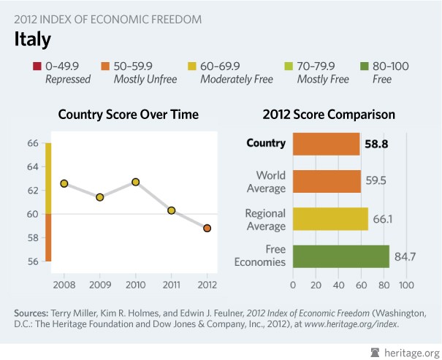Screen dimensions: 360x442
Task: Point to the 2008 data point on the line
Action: point(64,183)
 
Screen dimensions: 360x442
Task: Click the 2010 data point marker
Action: point(136,182)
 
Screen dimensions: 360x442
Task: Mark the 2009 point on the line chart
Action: point(100,197)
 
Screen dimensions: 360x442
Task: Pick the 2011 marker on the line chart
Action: point(171,210)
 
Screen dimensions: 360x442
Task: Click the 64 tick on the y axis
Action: point(33,166)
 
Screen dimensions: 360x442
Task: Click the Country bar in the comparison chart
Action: point(326,144)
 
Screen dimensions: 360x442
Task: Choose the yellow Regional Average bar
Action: point(330,218)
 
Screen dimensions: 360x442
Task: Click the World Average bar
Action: point(327,181)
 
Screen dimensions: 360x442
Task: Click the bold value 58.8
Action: point(376,145)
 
